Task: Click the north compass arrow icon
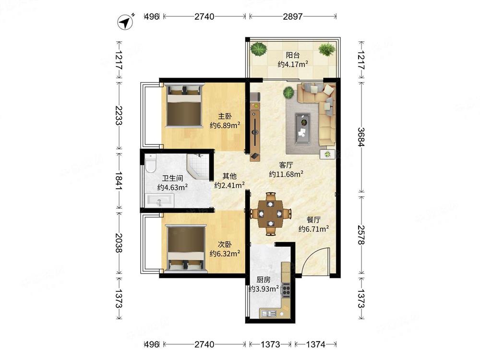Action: coord(125,23)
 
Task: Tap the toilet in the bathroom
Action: coord(151,163)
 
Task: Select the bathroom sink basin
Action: coord(159,201)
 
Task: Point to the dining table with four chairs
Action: coord(270,214)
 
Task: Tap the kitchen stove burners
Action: coord(286,289)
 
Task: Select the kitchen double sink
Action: coord(268,313)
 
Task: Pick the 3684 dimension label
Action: coord(361,137)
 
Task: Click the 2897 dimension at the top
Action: coord(293,16)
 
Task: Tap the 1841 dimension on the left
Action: coord(119,180)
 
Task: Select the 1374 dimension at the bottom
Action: coord(316,345)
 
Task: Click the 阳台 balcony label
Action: coord(293,55)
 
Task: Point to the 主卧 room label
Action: coord(225,116)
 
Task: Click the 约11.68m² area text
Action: coord(286,174)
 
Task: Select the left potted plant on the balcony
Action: coord(259,49)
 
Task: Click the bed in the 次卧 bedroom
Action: coord(185,248)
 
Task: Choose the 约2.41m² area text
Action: coord(229,185)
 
